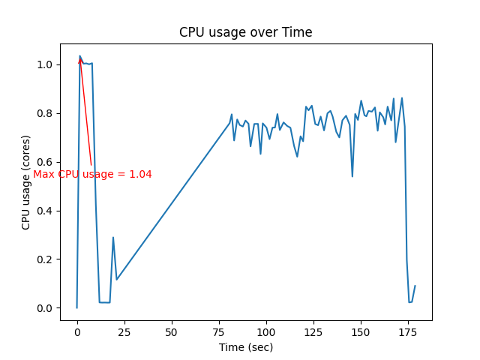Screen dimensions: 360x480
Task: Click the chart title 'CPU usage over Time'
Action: [245, 32]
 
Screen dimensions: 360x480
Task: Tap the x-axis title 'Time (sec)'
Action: [245, 347]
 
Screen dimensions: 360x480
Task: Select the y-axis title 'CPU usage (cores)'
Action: [26, 182]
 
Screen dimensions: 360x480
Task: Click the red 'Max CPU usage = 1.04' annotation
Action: [92, 175]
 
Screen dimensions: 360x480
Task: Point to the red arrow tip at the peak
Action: [80, 57]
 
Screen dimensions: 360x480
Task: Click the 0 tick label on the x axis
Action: [77, 331]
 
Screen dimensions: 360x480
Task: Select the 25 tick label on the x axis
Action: [124, 331]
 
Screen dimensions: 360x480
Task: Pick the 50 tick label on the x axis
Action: [172, 331]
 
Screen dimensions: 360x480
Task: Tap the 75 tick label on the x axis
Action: [219, 331]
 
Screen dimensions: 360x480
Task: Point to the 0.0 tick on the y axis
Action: [44, 308]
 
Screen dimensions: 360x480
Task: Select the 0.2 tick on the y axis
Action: [44, 259]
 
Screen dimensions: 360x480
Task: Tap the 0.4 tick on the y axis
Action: [44, 211]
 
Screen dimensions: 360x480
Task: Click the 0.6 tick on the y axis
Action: [44, 162]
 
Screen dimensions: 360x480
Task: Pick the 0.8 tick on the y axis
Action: [44, 113]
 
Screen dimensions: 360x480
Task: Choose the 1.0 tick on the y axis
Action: [44, 64]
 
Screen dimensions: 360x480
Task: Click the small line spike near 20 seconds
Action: [113, 238]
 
